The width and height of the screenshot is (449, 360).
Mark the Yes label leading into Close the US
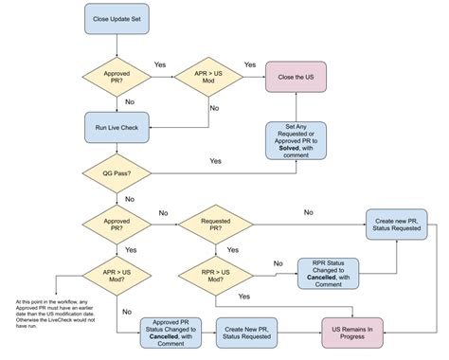(x=250, y=64)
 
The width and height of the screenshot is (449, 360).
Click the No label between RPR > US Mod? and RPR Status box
(x=277, y=263)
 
